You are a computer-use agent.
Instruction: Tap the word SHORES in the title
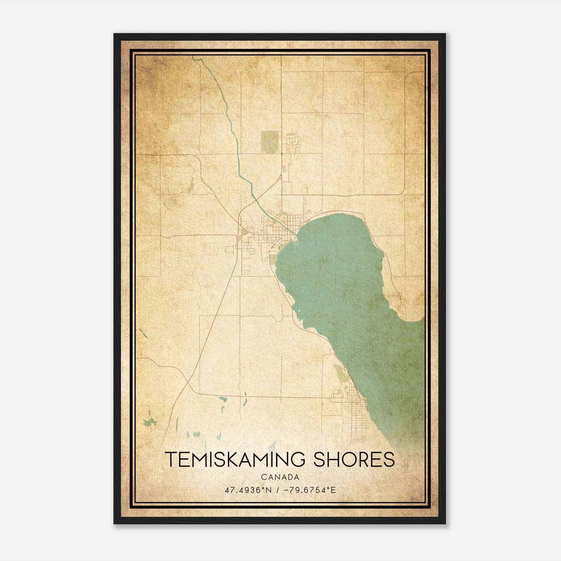354,459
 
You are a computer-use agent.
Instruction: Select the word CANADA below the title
280,477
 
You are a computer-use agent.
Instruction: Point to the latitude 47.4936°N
249,490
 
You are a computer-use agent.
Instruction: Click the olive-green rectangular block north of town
270,142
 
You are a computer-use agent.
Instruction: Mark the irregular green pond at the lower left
150,422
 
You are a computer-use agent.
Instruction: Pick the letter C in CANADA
263,477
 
